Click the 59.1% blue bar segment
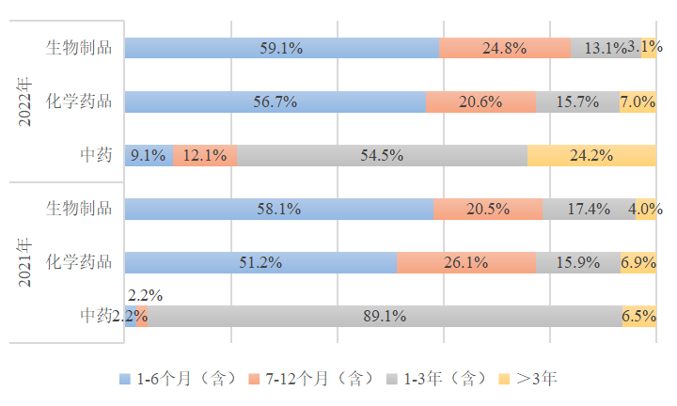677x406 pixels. (282, 48)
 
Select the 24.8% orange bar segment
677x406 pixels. (505, 48)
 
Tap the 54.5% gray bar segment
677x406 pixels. (382, 155)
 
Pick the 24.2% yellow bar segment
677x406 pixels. (591, 155)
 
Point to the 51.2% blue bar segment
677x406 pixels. (260, 262)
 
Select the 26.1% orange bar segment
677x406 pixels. (465, 262)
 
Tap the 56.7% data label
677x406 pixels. (276, 101)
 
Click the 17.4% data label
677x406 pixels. (588, 209)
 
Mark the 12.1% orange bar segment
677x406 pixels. (204, 155)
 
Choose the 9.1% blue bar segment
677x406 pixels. (149, 155)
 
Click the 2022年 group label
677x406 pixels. (26, 101)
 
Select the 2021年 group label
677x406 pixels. (26, 262)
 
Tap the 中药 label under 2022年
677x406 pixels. (96, 155)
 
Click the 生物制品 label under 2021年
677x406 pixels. (79, 208)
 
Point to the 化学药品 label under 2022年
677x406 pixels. (79, 101)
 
